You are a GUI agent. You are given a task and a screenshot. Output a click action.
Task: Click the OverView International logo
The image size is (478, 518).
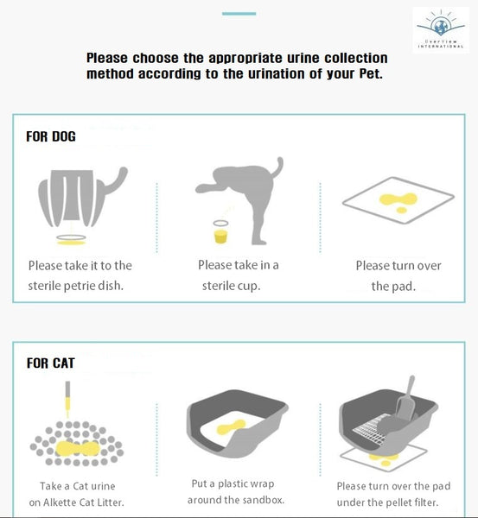(x=441, y=29)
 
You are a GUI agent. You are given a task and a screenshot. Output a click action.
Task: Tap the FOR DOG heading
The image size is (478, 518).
(x=51, y=136)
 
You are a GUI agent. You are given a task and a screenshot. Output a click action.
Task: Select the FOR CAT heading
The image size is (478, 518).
(x=51, y=363)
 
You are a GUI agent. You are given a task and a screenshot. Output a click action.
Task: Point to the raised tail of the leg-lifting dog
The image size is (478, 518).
(x=277, y=166)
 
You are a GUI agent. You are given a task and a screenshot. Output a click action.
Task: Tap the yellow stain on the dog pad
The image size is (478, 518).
(x=398, y=202)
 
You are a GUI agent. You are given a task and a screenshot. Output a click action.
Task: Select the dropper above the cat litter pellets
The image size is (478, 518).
(x=67, y=399)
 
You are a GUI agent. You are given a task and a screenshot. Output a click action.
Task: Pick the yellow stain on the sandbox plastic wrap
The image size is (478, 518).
(x=232, y=427)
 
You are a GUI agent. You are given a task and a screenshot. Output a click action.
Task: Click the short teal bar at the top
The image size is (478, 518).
(x=239, y=14)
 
